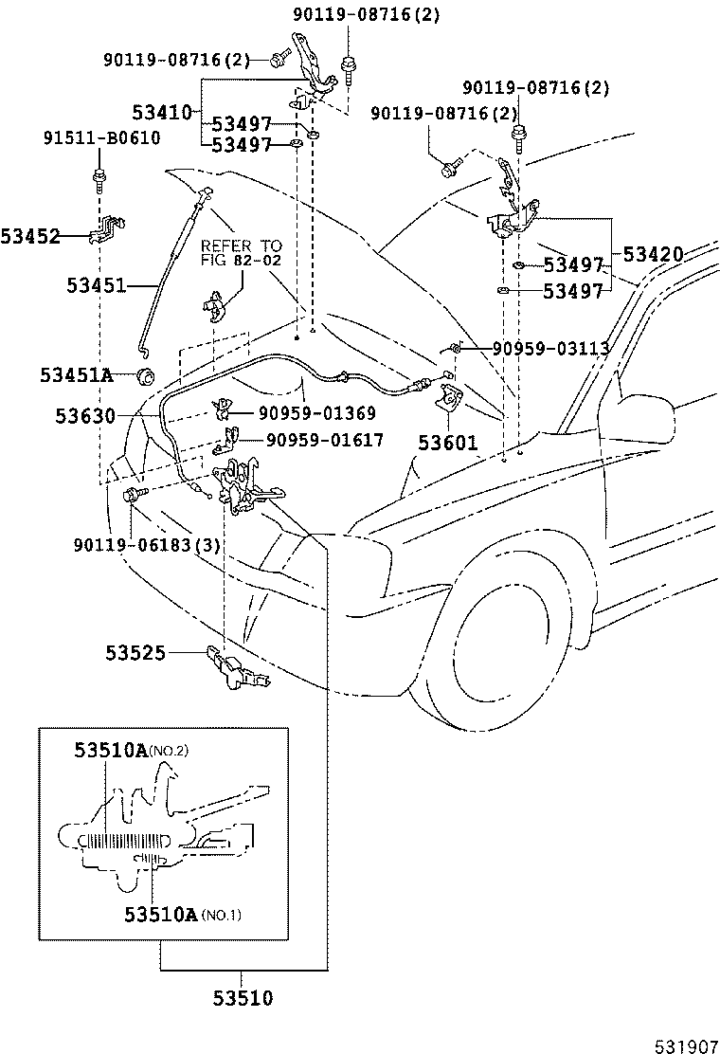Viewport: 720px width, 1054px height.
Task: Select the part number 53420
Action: click(x=653, y=254)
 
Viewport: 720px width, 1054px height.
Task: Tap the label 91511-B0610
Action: click(x=101, y=138)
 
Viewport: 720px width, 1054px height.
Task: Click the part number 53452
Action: click(x=30, y=236)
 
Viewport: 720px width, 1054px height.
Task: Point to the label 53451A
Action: click(x=77, y=375)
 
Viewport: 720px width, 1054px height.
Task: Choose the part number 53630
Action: click(x=84, y=415)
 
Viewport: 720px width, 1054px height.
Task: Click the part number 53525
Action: click(x=135, y=652)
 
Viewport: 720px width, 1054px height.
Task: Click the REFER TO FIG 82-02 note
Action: click(x=241, y=252)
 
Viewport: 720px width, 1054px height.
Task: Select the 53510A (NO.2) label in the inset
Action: click(x=132, y=751)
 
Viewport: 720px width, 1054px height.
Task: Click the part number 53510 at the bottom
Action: click(x=243, y=997)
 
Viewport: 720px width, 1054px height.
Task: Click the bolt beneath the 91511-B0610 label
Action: click(x=99, y=176)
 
